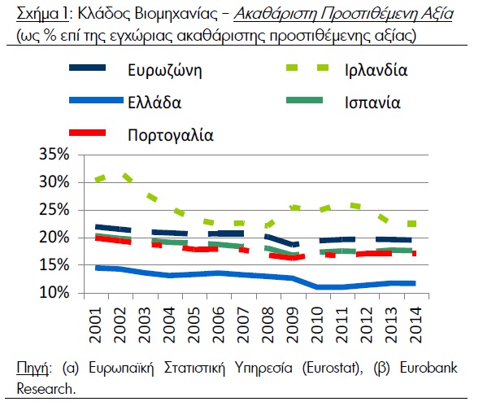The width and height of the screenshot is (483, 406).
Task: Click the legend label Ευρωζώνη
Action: pyautogui.click(x=165, y=71)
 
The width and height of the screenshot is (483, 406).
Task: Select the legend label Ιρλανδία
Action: pyautogui.click(x=376, y=70)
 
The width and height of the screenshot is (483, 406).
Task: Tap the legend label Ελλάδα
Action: pyautogui.click(x=154, y=103)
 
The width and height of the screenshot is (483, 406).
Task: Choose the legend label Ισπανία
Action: pyautogui.click(x=372, y=103)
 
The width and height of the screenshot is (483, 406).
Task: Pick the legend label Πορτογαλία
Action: pyautogui.click(x=170, y=135)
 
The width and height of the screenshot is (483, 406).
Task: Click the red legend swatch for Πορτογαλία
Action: pyautogui.click(x=88, y=133)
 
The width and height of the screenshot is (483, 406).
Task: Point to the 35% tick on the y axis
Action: pyautogui.click(x=54, y=154)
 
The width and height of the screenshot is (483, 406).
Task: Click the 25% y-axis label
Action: pyautogui.click(x=54, y=210)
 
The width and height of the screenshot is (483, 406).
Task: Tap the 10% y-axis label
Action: pyautogui.click(x=54, y=292)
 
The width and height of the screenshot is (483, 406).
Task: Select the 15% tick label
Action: pyautogui.click(x=54, y=264)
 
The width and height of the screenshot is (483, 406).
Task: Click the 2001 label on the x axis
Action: pyautogui.click(x=95, y=325)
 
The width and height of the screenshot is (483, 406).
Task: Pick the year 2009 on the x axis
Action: pyautogui.click(x=293, y=325)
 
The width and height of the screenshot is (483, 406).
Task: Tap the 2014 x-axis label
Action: pyautogui.click(x=416, y=325)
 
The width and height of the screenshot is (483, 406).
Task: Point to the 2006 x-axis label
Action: pyautogui.click(x=219, y=325)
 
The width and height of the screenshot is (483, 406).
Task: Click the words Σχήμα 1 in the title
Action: pyautogui.click(x=42, y=14)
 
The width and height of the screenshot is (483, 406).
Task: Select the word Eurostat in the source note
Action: pyautogui.click(x=331, y=368)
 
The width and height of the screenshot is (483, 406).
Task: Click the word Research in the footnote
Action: pyautogui.click(x=45, y=388)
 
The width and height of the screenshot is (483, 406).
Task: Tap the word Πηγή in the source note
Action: pyautogui.click(x=33, y=368)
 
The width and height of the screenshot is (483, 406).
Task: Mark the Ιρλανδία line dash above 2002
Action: pyautogui.click(x=128, y=178)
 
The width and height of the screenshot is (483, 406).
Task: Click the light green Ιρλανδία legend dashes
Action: pyautogui.click(x=307, y=68)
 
